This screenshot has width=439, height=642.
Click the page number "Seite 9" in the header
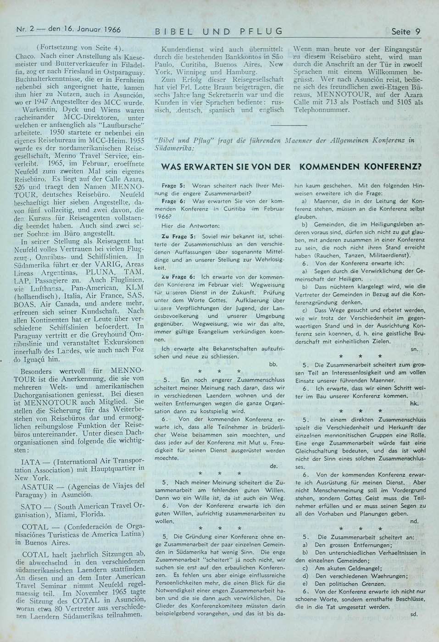406,32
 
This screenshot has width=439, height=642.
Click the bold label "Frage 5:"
173,186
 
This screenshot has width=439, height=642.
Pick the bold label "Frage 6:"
173,201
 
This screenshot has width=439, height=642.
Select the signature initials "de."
274,465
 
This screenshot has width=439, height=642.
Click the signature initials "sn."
415,349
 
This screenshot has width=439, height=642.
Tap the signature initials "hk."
415,403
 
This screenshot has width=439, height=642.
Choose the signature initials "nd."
414,521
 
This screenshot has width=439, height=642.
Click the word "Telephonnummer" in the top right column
322,110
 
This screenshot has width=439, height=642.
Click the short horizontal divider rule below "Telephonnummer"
289,125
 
